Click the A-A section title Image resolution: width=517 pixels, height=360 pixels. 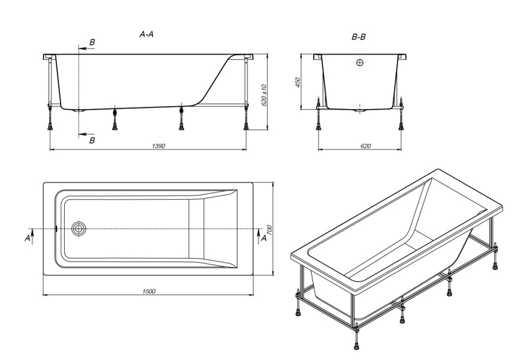pos(146,34)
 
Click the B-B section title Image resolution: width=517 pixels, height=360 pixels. pos(359,37)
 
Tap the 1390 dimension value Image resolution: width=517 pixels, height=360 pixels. pos(158,146)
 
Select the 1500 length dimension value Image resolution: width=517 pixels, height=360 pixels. pos(149,292)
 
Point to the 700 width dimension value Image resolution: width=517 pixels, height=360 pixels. pos(269,230)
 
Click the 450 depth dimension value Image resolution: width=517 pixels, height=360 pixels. pos(297,82)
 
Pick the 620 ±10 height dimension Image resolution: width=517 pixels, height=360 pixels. pos(264,95)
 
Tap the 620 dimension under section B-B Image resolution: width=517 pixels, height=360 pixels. pos(365,146)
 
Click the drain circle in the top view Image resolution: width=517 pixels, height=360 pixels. pos(79,229)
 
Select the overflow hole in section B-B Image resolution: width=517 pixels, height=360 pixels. pos(359,62)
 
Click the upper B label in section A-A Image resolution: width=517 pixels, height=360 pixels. pos(92,42)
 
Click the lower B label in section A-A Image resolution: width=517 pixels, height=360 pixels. pos(92,140)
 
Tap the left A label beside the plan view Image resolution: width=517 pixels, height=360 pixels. pos(28,238)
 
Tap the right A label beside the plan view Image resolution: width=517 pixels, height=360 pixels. pos(264,238)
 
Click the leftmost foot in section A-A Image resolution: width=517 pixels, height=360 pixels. pos(50,127)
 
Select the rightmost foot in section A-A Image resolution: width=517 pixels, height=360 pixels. pos(246,127)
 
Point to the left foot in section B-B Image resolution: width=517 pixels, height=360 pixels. pos(318,127)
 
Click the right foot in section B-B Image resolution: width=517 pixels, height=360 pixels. pos(401,127)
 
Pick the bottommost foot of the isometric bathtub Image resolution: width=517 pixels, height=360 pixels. pos(356,346)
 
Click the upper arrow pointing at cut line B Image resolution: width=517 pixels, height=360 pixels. pos(87,48)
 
